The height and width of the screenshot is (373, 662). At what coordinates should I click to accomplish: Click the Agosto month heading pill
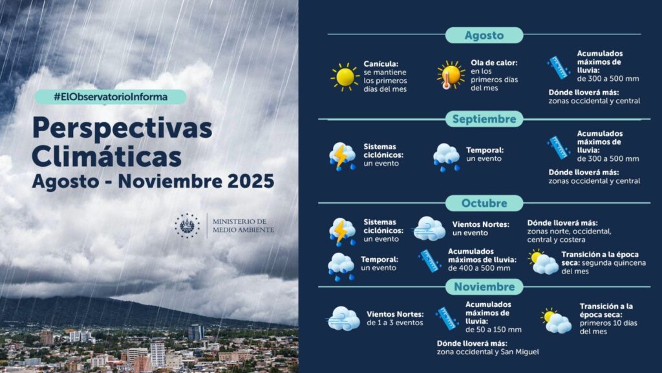tap(484, 35)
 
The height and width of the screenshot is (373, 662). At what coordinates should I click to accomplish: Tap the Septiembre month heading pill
tap(484, 119)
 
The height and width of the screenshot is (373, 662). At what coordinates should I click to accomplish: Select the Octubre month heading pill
tap(484, 203)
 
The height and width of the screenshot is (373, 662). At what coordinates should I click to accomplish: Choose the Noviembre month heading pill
tap(484, 287)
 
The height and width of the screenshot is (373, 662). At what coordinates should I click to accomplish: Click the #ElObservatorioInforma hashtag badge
tap(110, 97)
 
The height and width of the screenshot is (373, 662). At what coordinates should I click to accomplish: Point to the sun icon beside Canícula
tap(345, 77)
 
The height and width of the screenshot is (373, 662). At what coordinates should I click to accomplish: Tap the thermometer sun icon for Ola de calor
tap(451, 75)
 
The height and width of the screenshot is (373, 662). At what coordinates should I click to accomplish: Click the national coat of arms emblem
tap(187, 226)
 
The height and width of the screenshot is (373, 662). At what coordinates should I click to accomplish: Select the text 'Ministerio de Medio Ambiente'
tap(243, 226)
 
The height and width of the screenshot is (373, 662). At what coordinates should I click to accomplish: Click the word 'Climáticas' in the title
tap(107, 156)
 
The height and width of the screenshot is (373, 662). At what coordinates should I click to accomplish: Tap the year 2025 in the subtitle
tap(251, 181)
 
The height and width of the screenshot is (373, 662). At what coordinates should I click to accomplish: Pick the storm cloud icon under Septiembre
tap(342, 156)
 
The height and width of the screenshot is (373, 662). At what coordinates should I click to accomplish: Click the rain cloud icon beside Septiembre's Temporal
tap(446, 157)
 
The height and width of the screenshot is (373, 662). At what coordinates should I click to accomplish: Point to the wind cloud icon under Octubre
tap(429, 229)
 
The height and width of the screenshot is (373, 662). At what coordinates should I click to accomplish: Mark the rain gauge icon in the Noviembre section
tap(447, 318)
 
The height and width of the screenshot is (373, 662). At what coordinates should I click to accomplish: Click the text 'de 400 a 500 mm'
tap(479, 268)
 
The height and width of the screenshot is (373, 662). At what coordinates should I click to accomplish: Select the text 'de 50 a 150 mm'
tap(493, 330)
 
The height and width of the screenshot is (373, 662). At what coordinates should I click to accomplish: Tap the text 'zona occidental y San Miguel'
tap(487, 352)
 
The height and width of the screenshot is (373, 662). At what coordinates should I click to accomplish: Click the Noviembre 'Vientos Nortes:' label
tap(395, 314)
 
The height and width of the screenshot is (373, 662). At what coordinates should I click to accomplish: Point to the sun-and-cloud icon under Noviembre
tap(556, 321)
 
